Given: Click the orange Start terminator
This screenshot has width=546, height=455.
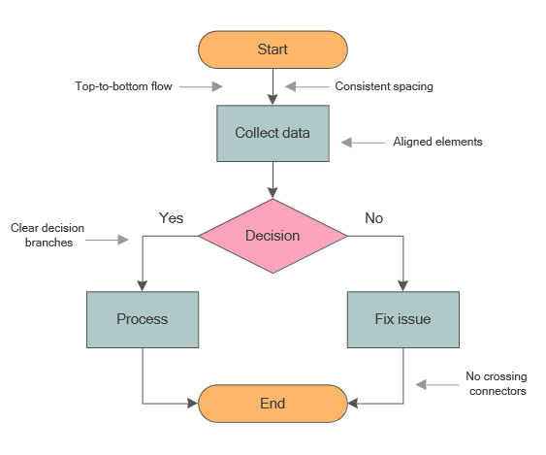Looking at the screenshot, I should click(x=273, y=49).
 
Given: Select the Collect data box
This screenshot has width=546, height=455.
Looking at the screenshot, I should click(x=273, y=133).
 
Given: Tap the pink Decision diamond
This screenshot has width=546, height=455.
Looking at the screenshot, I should click(x=273, y=236).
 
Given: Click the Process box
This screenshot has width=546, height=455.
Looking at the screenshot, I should click(x=143, y=319).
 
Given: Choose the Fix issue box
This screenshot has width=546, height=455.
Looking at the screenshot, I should click(x=402, y=319).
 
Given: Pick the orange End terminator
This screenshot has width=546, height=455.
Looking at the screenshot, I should click(x=273, y=403).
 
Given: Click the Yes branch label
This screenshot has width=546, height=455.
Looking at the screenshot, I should click(x=171, y=218).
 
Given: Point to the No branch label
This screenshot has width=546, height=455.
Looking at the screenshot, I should click(x=373, y=218).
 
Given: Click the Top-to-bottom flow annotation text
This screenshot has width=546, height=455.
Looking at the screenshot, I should click(x=123, y=86).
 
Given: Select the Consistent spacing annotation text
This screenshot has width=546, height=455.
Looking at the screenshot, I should click(x=384, y=86).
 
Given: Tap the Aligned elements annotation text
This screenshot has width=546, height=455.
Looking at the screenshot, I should click(x=437, y=142).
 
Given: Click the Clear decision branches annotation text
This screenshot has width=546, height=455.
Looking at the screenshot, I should click(x=48, y=236).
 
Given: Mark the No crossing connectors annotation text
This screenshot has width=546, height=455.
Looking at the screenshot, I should click(x=496, y=383).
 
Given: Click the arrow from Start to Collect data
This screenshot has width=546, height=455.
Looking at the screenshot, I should click(x=273, y=86).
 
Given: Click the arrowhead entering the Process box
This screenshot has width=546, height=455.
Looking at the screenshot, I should click(x=143, y=285).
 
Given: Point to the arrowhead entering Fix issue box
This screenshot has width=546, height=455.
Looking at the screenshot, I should click(x=402, y=285).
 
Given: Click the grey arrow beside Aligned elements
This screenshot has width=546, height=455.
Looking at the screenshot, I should click(x=363, y=143).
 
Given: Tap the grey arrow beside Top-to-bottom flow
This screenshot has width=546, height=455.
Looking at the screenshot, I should click(x=202, y=86).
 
